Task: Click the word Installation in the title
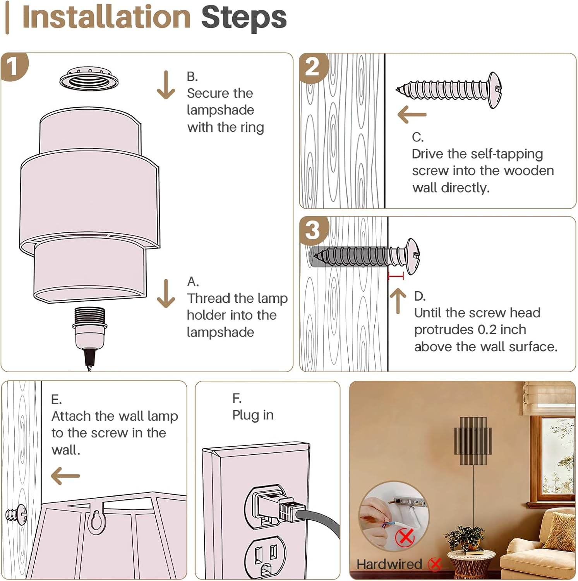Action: [x=106, y=17]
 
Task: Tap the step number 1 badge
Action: [x=14, y=67]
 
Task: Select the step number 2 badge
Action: [x=314, y=67]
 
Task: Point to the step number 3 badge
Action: [x=314, y=230]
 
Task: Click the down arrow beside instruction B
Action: [x=166, y=85]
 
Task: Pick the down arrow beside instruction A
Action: [x=166, y=293]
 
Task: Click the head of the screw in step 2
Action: [x=494, y=90]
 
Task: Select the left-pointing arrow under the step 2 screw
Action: [x=412, y=115]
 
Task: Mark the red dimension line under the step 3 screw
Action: [x=396, y=276]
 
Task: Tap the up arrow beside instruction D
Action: [x=398, y=301]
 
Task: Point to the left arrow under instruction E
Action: [x=65, y=476]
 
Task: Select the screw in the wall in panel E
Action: [x=17, y=514]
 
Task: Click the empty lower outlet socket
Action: [x=265, y=557]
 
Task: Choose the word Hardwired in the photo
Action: [x=389, y=564]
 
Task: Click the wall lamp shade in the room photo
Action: [x=473, y=441]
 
